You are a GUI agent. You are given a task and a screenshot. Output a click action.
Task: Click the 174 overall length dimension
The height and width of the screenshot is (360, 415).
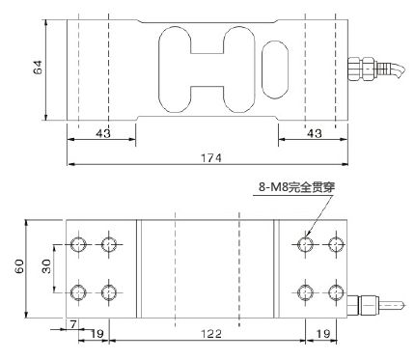tap(211, 158)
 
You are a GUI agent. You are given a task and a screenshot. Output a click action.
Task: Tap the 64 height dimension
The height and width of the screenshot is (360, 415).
tap(38, 68)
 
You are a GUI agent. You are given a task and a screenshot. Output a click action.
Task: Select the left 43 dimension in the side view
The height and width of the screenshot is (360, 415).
tap(103, 133)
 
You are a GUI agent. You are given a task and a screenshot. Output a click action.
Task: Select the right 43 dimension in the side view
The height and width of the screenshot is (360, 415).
tap(315, 133)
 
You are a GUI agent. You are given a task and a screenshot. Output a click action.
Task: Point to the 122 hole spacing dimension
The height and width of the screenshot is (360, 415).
tap(211, 334)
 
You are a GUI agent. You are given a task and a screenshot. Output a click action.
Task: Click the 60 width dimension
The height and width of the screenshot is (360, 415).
tap(20, 266)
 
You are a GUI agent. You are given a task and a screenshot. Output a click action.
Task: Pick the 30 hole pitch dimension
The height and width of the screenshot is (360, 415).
tap(47, 266)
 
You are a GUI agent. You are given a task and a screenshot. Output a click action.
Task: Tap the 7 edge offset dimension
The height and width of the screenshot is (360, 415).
tap(73, 324)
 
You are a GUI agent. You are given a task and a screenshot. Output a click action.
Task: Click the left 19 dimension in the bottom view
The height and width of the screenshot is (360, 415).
tap(97, 334)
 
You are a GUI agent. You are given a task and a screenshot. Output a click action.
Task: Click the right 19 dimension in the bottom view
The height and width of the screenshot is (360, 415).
tap(322, 334)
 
